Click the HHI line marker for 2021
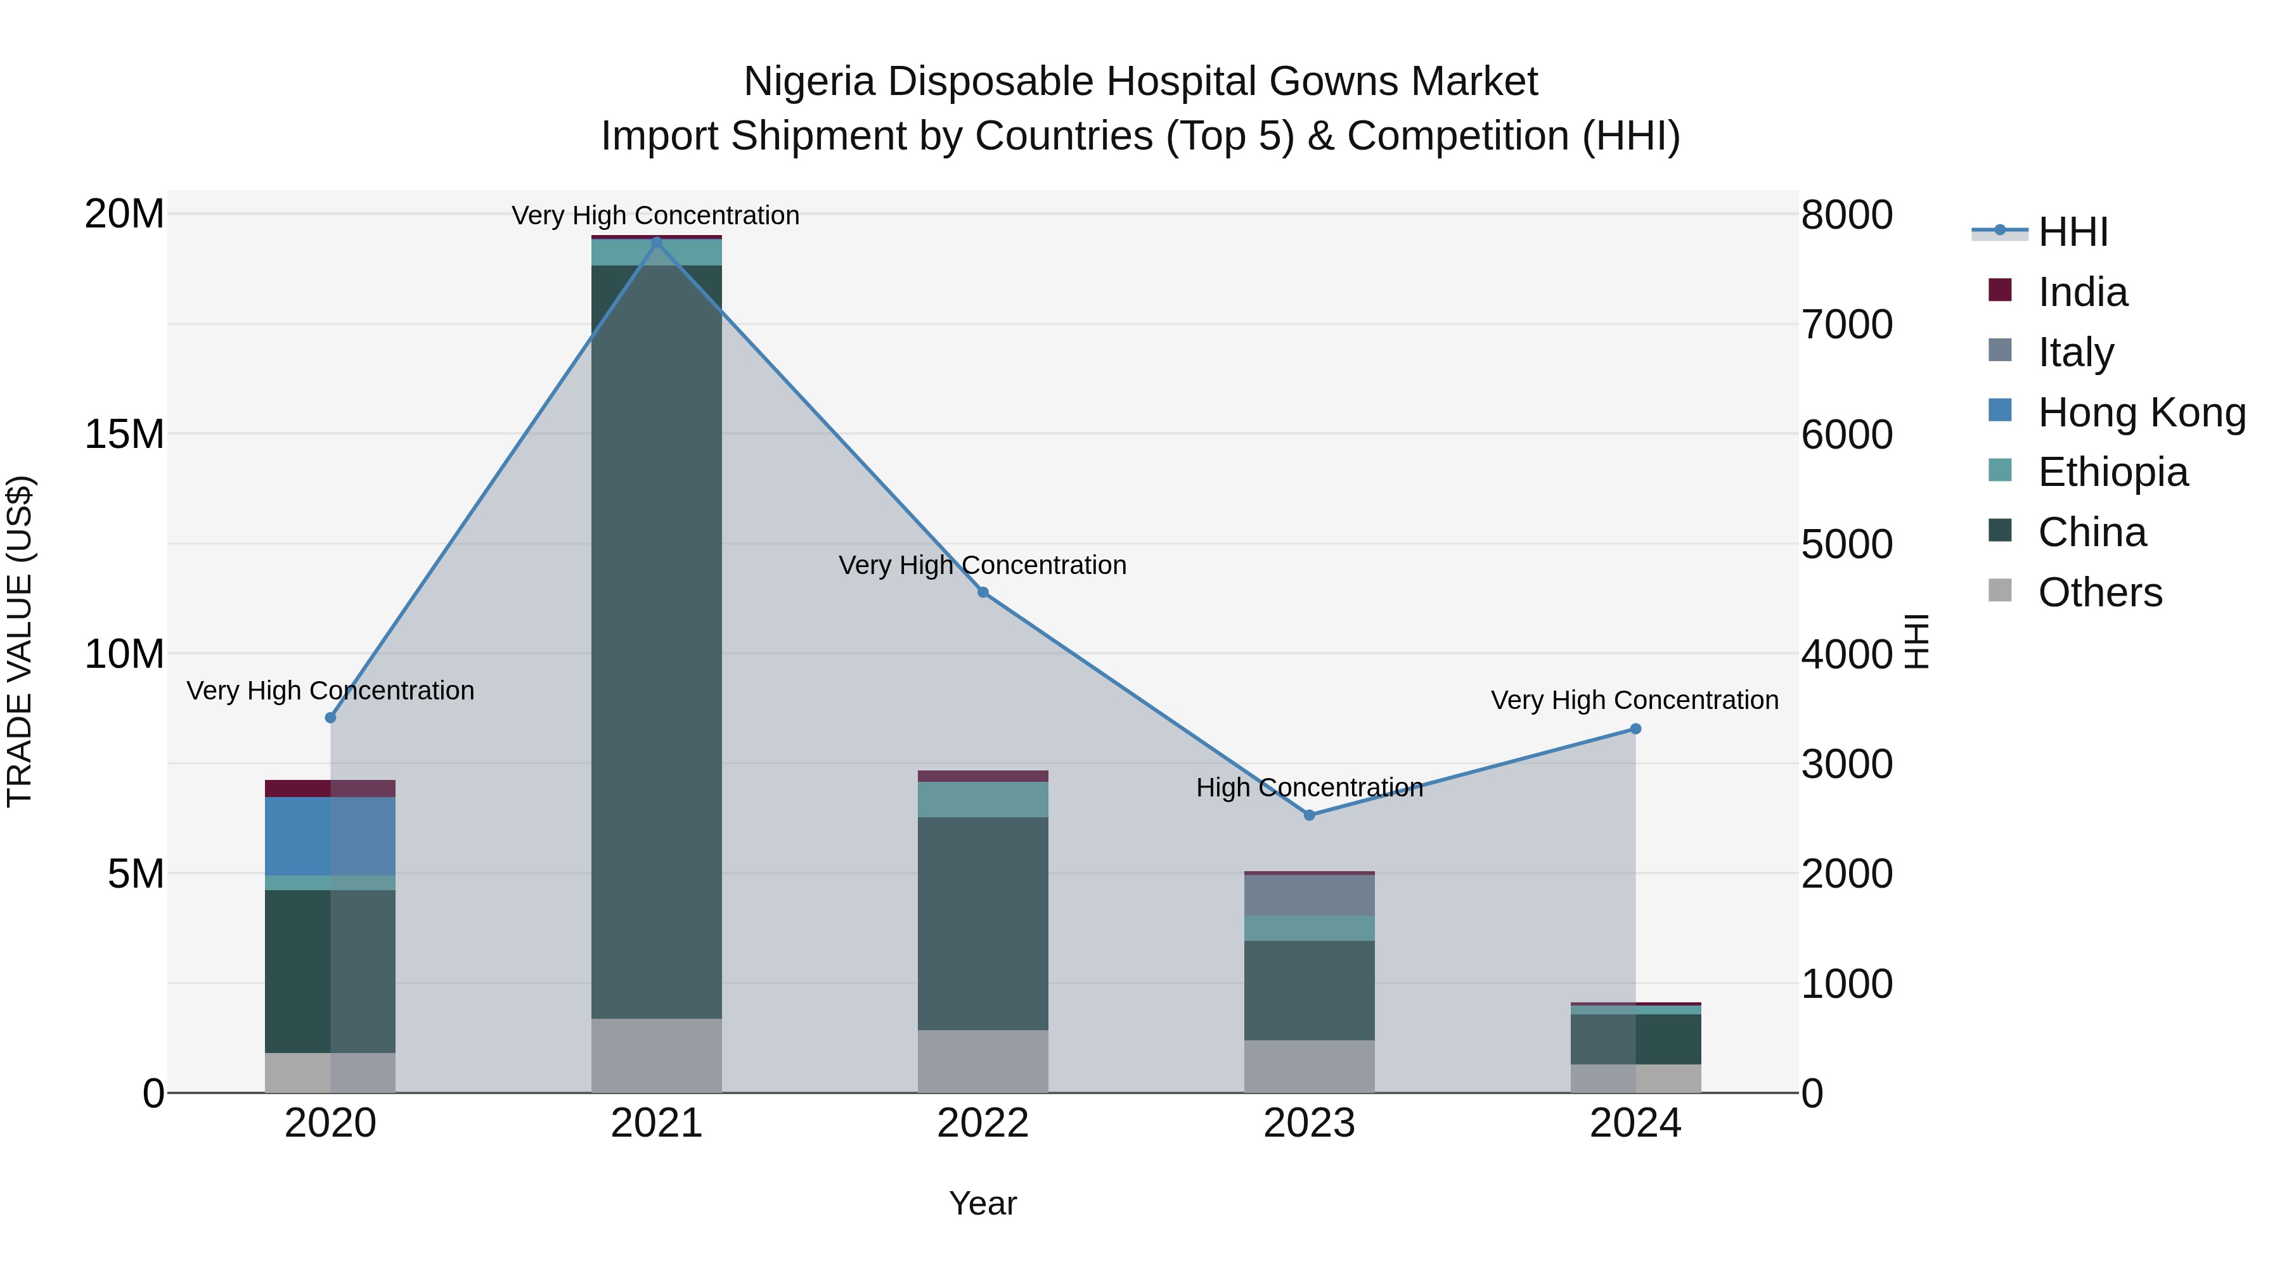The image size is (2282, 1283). (657, 242)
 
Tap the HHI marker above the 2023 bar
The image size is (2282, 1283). (1310, 815)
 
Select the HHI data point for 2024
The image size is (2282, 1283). (1635, 729)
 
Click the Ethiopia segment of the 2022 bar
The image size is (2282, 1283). (983, 800)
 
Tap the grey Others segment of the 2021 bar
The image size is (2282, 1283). (657, 1056)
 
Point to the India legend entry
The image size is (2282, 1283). (2082, 292)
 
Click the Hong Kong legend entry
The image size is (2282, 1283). (2141, 412)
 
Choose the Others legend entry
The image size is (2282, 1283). (2099, 592)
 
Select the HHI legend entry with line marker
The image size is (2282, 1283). (2073, 232)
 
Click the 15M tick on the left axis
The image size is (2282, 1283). (124, 435)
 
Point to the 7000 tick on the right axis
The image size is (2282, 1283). (1847, 325)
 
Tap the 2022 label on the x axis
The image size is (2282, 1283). (983, 1123)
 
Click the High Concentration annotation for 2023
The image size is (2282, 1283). (1310, 787)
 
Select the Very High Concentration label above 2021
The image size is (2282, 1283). (655, 215)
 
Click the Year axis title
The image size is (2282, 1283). (983, 1203)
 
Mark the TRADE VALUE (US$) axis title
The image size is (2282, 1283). (20, 641)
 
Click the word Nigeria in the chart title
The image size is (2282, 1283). (809, 82)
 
